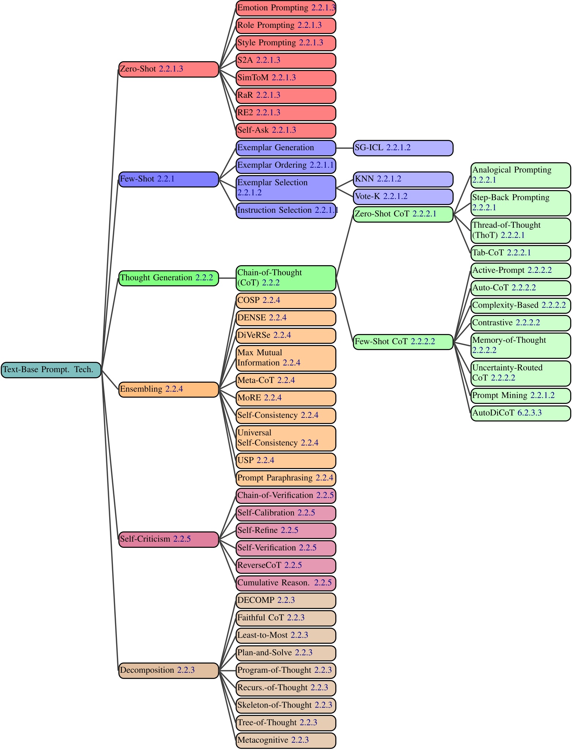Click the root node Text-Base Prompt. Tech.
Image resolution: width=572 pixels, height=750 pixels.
point(51,370)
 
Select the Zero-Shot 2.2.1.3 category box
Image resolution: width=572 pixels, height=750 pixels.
point(168,69)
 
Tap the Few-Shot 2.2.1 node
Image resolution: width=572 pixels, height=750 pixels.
point(168,179)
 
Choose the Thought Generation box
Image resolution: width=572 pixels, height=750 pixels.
point(168,278)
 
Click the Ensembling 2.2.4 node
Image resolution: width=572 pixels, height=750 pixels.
point(168,389)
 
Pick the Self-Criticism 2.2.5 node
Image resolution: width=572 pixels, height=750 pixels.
point(168,539)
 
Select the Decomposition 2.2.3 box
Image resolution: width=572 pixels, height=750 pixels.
point(168,671)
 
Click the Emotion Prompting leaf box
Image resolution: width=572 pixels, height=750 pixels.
point(285,8)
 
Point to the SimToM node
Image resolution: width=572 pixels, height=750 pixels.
point(285,78)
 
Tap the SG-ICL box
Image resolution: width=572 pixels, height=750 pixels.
point(403,148)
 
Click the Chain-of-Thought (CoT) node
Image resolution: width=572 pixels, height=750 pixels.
point(285,278)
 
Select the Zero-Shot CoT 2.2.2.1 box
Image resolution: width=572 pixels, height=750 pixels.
point(403,214)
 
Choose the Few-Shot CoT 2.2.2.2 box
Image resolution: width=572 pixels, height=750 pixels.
point(403,342)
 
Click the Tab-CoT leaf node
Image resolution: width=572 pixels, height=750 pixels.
point(520,253)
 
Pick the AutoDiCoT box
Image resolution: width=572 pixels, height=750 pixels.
point(520,413)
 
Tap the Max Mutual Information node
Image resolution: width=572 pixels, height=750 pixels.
point(285,358)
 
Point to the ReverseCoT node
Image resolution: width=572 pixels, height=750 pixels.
point(285,565)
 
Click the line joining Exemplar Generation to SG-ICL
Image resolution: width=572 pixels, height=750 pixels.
point(344,148)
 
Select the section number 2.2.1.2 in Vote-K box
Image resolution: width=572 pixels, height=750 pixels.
point(395,197)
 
